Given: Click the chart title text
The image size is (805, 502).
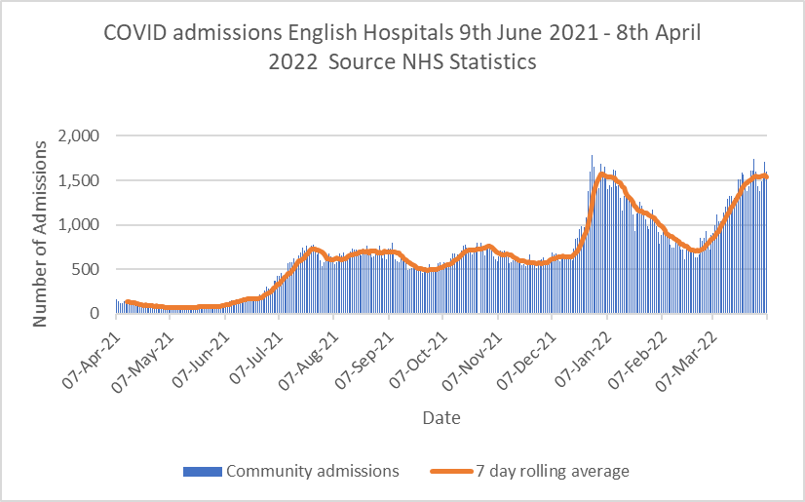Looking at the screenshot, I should click(402, 47).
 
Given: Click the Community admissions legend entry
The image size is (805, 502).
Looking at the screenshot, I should click(312, 471).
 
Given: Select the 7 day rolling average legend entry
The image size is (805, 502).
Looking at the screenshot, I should click(552, 471).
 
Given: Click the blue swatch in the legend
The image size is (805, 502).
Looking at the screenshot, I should click(203, 472).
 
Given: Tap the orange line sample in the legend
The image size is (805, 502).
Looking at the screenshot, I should click(450, 472).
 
